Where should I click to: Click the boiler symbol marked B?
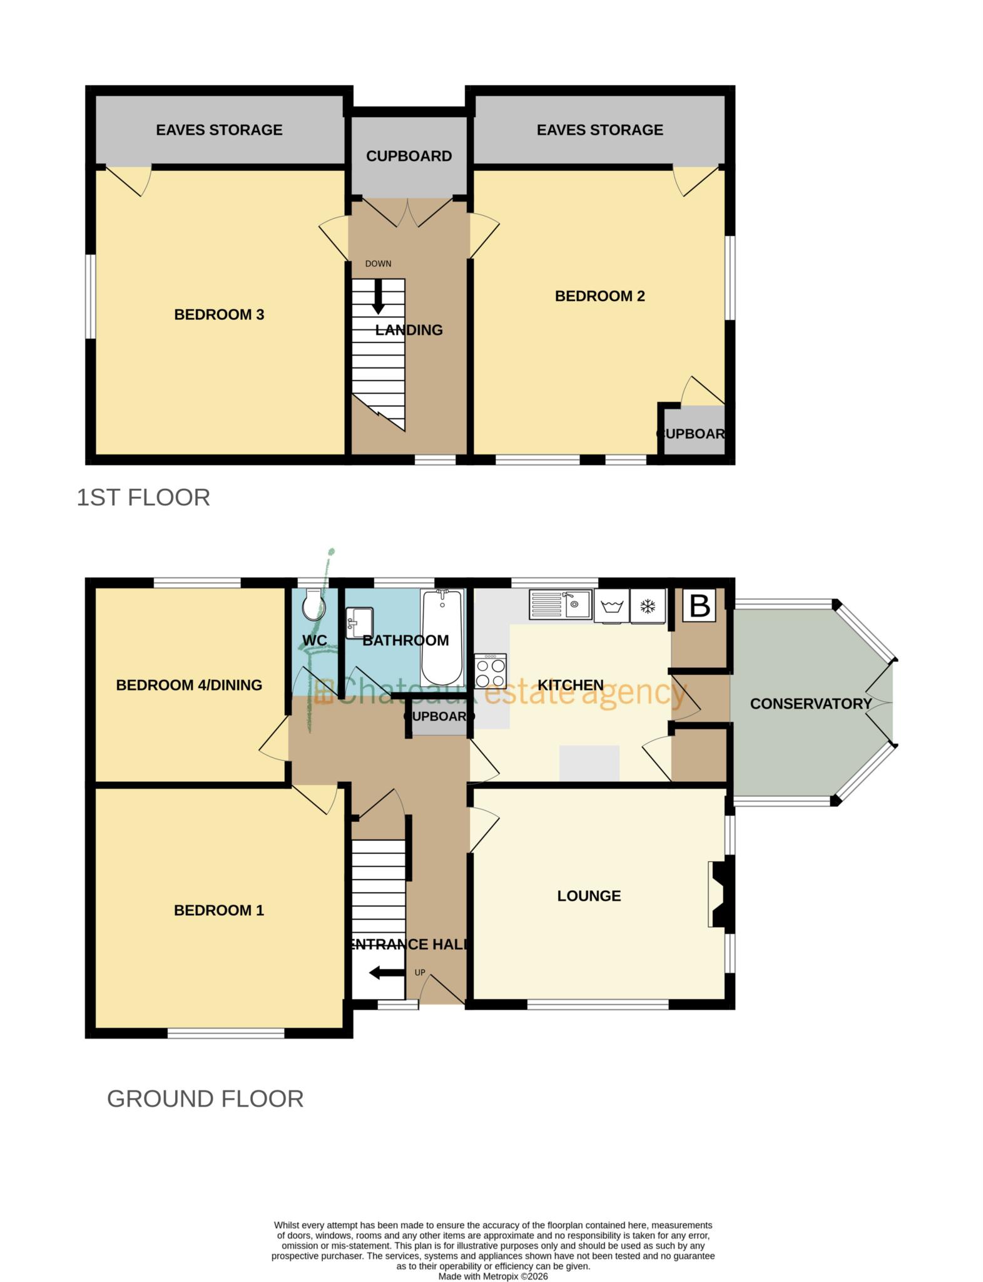(x=699, y=606)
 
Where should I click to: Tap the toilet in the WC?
(x=312, y=605)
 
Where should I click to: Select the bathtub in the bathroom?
(x=442, y=637)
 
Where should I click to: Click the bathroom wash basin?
(x=359, y=622)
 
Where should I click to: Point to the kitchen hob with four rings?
(x=490, y=671)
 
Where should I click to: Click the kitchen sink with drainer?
(x=561, y=605)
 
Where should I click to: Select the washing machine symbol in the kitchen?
(x=611, y=607)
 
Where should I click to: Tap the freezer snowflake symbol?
(x=648, y=607)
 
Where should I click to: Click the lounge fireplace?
(x=720, y=894)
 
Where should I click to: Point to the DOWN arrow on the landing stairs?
(x=378, y=297)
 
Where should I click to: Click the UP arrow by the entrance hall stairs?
(x=385, y=973)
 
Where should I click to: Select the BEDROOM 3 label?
(x=219, y=315)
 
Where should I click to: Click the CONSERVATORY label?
(x=810, y=704)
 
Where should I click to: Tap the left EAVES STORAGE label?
(x=219, y=130)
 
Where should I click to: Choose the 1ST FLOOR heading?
(x=143, y=498)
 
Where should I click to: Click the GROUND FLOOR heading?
(x=205, y=1099)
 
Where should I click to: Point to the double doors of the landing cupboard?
(x=408, y=213)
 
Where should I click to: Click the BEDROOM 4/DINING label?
(x=189, y=685)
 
